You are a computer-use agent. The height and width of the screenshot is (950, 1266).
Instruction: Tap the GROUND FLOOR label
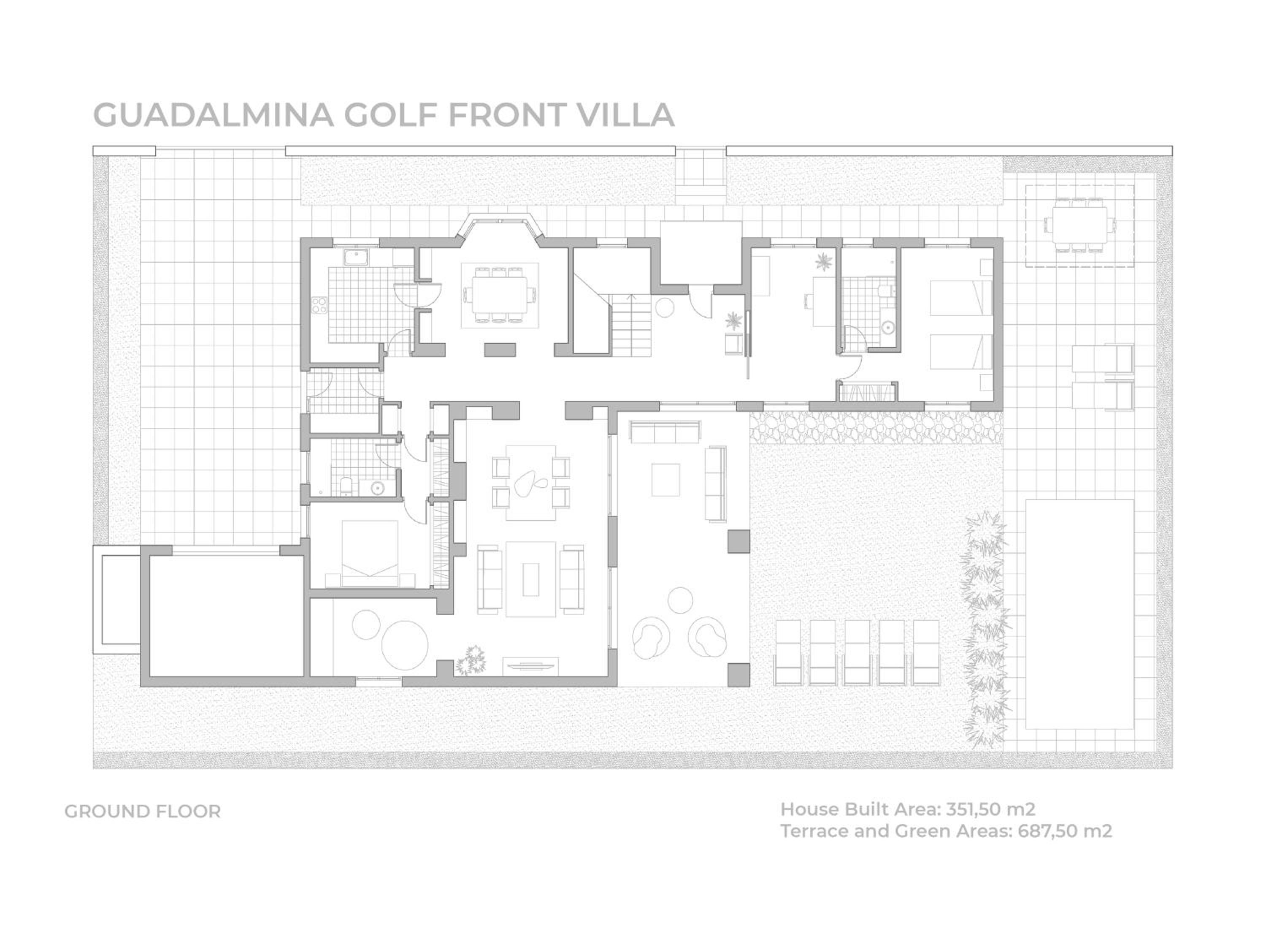(143, 812)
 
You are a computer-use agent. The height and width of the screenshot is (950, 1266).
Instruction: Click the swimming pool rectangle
(1079, 614)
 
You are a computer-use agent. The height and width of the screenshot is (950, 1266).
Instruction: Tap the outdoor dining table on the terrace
(1079, 225)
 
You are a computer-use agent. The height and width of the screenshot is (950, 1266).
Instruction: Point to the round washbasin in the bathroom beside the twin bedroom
(888, 328)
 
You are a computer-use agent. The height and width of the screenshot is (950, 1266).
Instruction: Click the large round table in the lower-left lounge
(404, 645)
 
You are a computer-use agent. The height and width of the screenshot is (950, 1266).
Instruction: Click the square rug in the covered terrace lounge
(665, 480)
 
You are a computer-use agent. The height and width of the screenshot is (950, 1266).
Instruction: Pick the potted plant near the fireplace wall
(472, 660)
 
